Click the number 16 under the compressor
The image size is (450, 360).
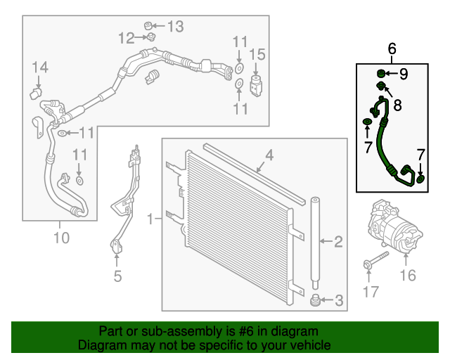pos(408,276)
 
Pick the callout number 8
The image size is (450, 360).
pos(397,106)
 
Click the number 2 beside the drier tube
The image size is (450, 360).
pos(338,243)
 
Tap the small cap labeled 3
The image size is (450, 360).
pos(316,302)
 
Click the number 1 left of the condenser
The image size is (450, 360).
pos(150,220)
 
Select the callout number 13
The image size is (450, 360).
pos(174,27)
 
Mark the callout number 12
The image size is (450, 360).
pos(126,37)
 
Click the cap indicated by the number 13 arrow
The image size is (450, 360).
pos(149,26)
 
